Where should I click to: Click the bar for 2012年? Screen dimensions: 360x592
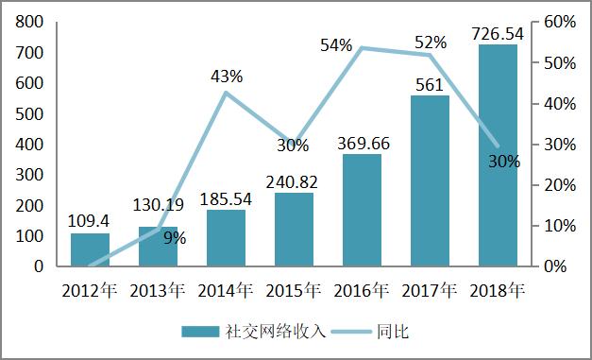click(x=91, y=249)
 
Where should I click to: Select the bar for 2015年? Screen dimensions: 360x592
click(x=295, y=230)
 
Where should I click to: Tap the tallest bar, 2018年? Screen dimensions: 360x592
click(x=498, y=156)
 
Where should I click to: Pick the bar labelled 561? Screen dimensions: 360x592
click(x=430, y=180)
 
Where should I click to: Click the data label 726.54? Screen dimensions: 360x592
click(x=498, y=35)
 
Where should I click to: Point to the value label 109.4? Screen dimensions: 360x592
click(x=91, y=220)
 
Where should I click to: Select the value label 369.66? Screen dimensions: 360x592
click(x=363, y=143)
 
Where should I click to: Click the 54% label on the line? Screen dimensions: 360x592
click(x=336, y=45)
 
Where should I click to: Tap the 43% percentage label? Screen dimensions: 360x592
click(x=227, y=77)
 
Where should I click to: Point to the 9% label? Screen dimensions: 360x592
click(x=174, y=238)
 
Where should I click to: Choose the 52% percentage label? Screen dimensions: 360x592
click(x=431, y=42)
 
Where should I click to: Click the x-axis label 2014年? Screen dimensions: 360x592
click(x=227, y=290)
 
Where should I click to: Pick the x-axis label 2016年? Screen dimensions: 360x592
click(x=363, y=290)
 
